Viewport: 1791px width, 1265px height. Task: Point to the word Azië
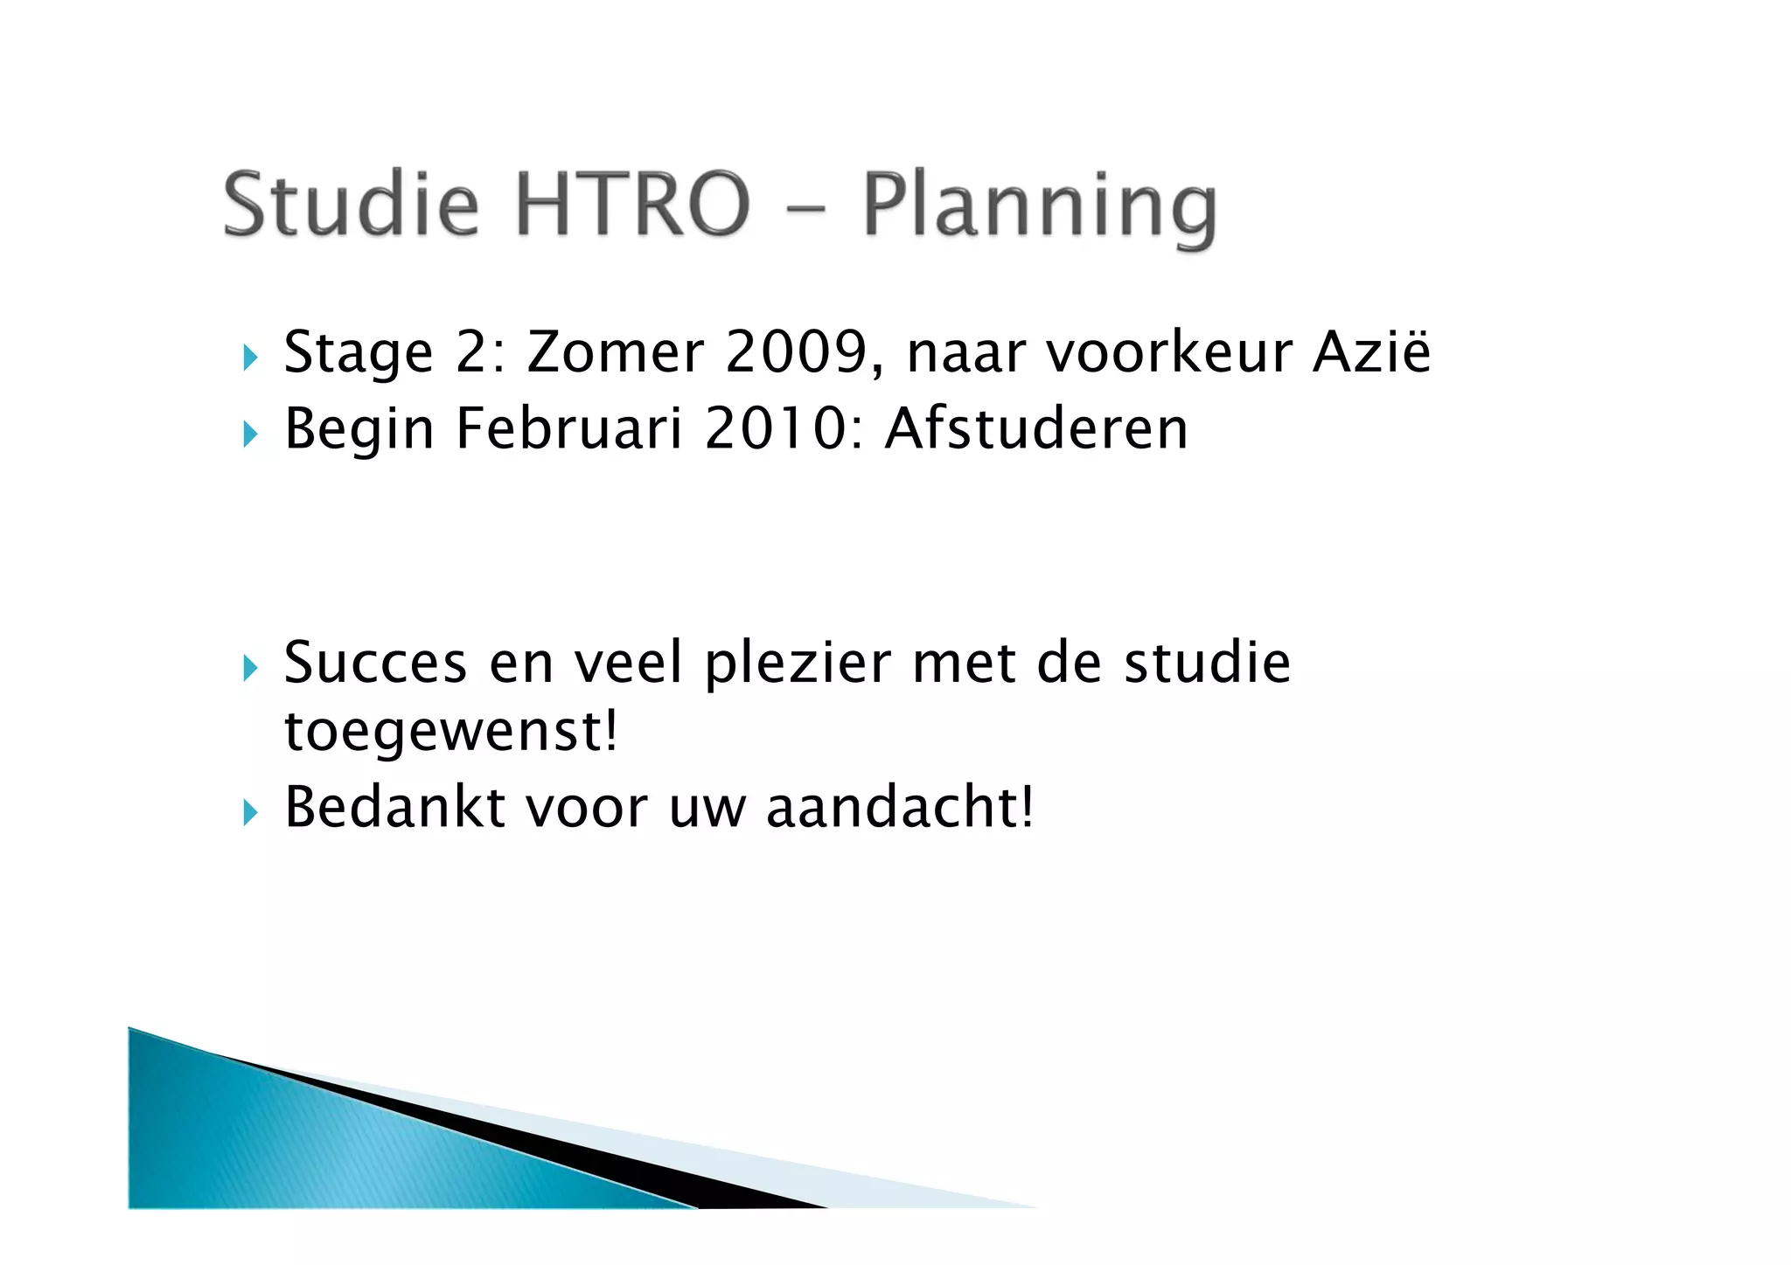click(x=1371, y=352)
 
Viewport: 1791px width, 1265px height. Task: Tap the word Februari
click(x=568, y=429)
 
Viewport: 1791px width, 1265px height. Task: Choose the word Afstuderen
click(x=1036, y=429)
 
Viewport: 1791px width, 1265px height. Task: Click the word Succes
click(x=375, y=662)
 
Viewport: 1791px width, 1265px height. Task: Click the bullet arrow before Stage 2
click(x=251, y=357)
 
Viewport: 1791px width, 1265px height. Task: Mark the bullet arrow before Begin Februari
click(x=251, y=434)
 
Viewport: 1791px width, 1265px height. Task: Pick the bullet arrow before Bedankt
click(x=251, y=813)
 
